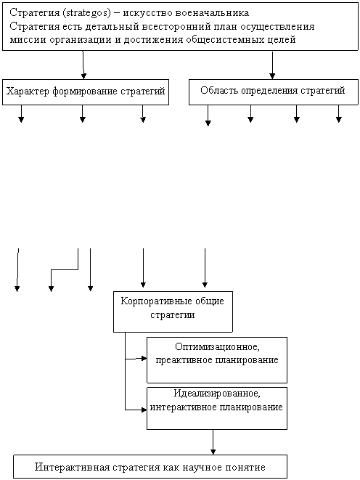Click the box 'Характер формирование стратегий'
[x=86, y=92]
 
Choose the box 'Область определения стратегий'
[x=274, y=92]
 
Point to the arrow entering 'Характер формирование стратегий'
[x=83, y=65]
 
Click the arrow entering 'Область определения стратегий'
[x=272, y=65]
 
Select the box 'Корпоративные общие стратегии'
[x=173, y=312]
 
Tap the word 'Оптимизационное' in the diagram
[x=217, y=347]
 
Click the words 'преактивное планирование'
[x=217, y=360]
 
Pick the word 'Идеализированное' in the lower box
[x=217, y=394]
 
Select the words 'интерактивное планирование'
[x=216, y=407]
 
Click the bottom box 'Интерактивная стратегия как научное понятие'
[x=150, y=466]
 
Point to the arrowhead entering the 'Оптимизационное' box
[x=144, y=358]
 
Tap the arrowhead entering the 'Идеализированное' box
[x=144, y=410]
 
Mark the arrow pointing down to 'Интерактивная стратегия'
[x=213, y=442]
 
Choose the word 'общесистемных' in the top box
[x=226, y=40]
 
